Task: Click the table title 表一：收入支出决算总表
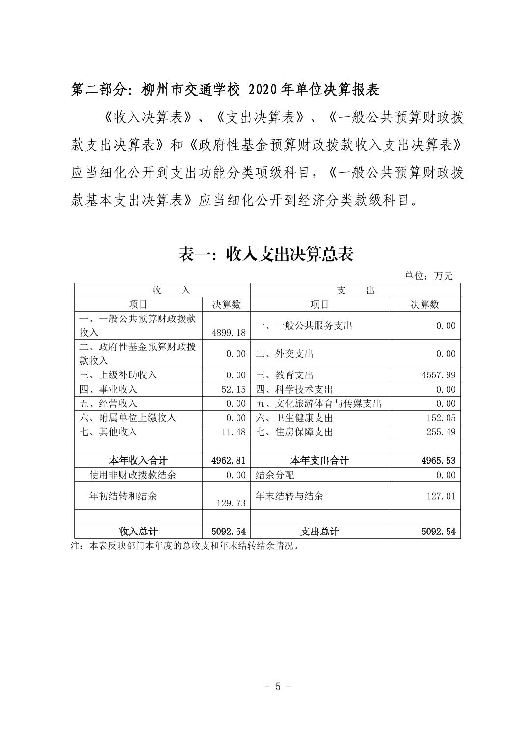[x=265, y=254]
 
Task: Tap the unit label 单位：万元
[x=428, y=276]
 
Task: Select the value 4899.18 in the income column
[x=229, y=332]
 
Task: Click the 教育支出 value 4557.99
[x=438, y=375]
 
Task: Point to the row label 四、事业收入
[x=108, y=389]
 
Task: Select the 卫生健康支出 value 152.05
[x=440, y=418]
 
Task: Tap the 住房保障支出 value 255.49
[x=440, y=432]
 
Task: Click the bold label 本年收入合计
[x=138, y=460]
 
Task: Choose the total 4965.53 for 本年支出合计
[x=438, y=460]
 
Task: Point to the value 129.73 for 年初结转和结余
[x=231, y=503]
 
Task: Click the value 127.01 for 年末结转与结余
[x=440, y=496]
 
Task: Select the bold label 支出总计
[x=319, y=531]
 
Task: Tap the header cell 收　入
[x=170, y=290]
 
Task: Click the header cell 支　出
[x=355, y=290]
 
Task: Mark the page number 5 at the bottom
[x=278, y=686]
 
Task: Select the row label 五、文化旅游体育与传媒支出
[x=318, y=403]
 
